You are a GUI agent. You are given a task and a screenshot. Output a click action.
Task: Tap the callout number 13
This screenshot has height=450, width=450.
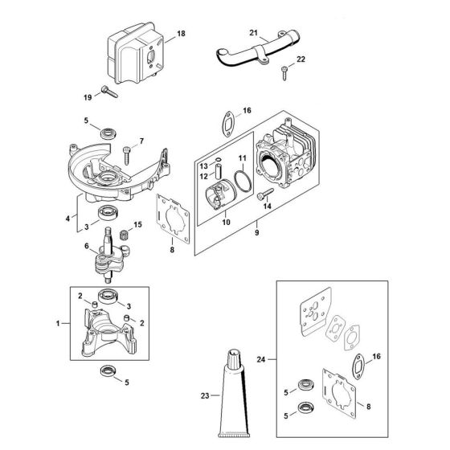tap(202, 166)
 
